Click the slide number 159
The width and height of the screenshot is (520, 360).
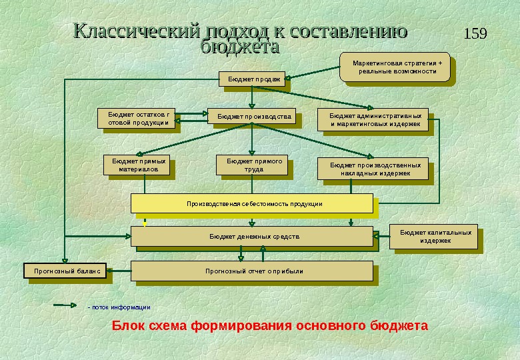(474, 33)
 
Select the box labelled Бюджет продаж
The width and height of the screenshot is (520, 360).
(251, 79)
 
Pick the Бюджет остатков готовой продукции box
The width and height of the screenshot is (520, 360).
(137, 118)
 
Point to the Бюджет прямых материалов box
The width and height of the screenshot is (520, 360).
(135, 165)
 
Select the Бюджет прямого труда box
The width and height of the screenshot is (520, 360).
(254, 165)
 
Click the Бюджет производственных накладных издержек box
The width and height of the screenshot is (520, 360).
(375, 169)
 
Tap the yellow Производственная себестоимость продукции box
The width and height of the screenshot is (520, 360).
(251, 203)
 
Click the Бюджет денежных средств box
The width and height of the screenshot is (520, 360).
(251, 236)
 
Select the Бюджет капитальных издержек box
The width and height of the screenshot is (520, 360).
(435, 236)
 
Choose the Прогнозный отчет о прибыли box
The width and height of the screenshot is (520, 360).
(251, 271)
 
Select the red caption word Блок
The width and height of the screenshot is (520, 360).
(127, 326)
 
